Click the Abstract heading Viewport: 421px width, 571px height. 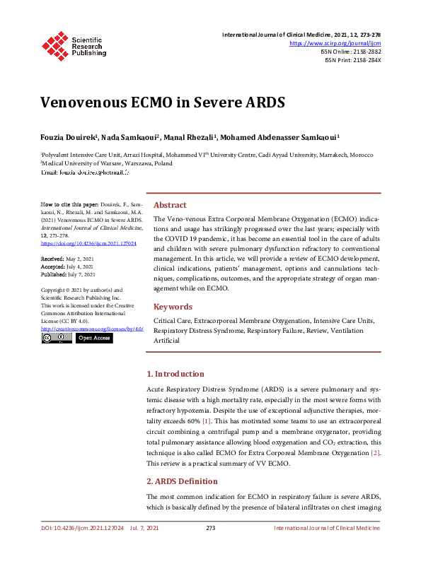170,204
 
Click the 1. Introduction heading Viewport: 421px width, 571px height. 175,374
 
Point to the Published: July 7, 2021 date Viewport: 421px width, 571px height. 69,275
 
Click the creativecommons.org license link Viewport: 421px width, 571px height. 92,329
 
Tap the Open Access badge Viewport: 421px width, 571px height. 94,339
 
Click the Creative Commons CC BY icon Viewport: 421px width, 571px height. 56,339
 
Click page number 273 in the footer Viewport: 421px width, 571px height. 210,548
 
